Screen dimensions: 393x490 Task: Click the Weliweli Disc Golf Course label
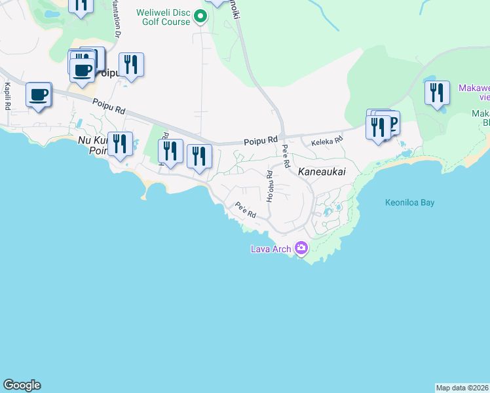coord(163,17)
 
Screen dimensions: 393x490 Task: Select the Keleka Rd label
coord(327,141)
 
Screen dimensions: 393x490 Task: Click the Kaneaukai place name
coord(321,172)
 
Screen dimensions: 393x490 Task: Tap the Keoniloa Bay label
coord(409,202)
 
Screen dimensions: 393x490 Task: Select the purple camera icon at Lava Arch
coord(301,248)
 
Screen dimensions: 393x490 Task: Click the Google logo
coord(22,385)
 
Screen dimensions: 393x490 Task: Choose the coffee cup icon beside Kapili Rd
coord(39,95)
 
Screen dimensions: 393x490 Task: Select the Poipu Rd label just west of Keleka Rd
coord(261,140)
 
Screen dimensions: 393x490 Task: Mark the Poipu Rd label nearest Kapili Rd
coord(109,107)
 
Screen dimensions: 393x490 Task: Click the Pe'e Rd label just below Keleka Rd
coord(286,157)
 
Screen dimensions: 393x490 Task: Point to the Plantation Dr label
coord(119,22)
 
